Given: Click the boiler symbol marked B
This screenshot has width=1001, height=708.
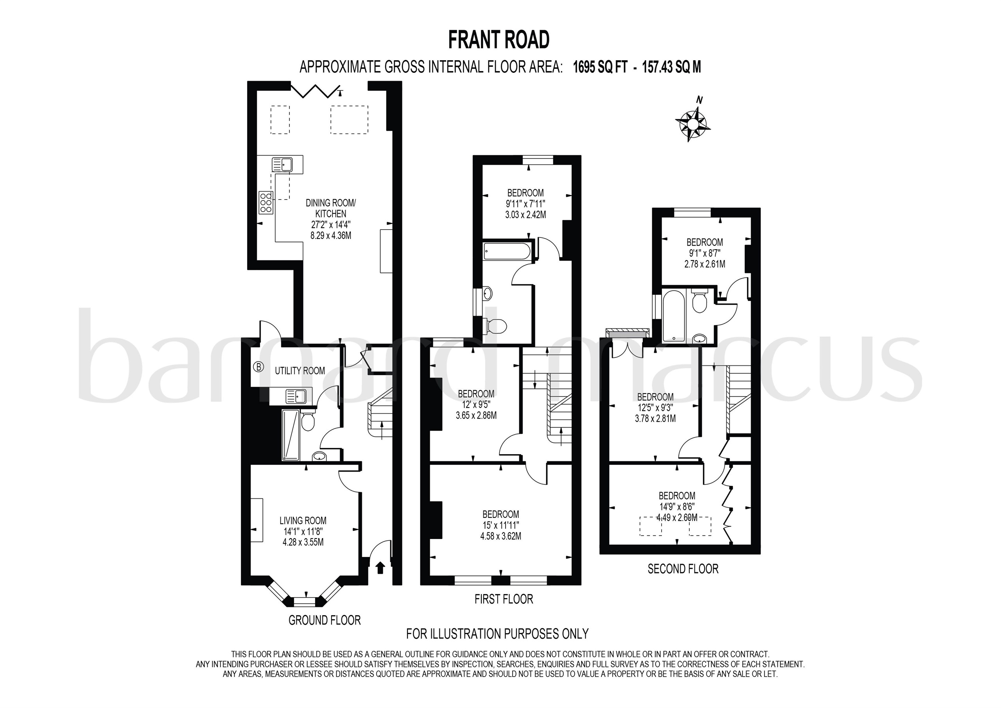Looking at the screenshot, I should tap(258, 367).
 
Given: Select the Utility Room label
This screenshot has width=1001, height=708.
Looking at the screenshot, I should tap(300, 371).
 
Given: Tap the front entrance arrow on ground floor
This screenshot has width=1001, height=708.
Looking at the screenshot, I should tap(380, 567).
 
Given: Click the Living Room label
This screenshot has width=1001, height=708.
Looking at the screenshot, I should tap(303, 520).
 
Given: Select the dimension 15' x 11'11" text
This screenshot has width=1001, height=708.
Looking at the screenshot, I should tap(500, 525).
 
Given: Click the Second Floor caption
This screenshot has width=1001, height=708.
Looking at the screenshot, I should tap(683, 569).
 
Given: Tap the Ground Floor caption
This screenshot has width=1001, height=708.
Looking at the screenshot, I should tap(325, 620).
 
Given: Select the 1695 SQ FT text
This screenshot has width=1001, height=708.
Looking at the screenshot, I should tap(600, 67).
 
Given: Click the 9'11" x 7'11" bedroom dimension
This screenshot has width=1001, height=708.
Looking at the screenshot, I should tap(526, 204).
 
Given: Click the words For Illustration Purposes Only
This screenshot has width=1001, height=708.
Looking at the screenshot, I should tap(497, 633).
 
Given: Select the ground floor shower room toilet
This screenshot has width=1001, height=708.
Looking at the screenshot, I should tap(308, 421).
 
